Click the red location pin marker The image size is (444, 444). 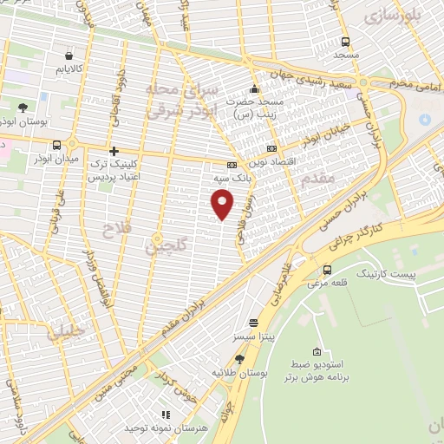[x=223, y=204]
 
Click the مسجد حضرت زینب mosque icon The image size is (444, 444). [x=253, y=88]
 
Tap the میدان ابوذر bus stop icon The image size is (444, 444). [x=56, y=145]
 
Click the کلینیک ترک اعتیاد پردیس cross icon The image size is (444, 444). [x=114, y=151]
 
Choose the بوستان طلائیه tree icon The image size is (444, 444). [x=239, y=358]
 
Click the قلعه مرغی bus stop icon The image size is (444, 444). [x=327, y=269]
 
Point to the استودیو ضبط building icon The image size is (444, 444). [x=317, y=352]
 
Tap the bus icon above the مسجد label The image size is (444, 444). [x=346, y=42]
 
